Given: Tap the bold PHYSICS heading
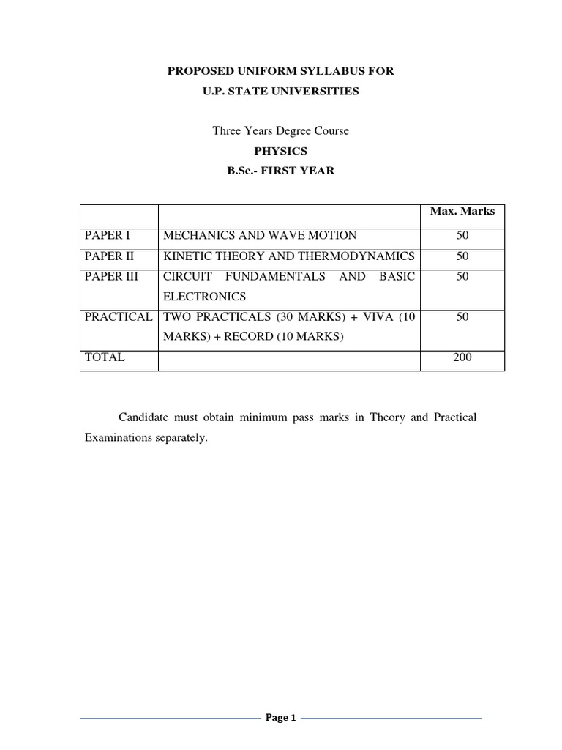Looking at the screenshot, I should click(x=280, y=151).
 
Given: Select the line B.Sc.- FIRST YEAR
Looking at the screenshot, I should click(x=280, y=171).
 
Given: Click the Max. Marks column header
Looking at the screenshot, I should click(x=462, y=211).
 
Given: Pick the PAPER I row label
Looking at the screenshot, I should click(x=107, y=235).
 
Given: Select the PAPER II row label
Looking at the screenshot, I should click(x=108, y=256).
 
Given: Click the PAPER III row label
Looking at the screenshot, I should click(x=110, y=276).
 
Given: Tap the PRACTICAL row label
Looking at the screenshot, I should click(x=119, y=317).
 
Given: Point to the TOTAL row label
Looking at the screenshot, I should click(x=105, y=357).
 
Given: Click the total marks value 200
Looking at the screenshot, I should click(x=462, y=357).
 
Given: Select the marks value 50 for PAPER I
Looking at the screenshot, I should click(x=462, y=235).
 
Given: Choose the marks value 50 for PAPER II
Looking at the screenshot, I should click(x=462, y=256).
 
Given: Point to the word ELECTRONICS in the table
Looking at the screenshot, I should click(x=204, y=297).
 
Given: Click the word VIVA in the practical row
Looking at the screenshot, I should click(x=373, y=317).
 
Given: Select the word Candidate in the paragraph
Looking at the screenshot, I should click(x=144, y=417).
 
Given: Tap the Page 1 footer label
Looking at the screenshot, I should click(x=281, y=719).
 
